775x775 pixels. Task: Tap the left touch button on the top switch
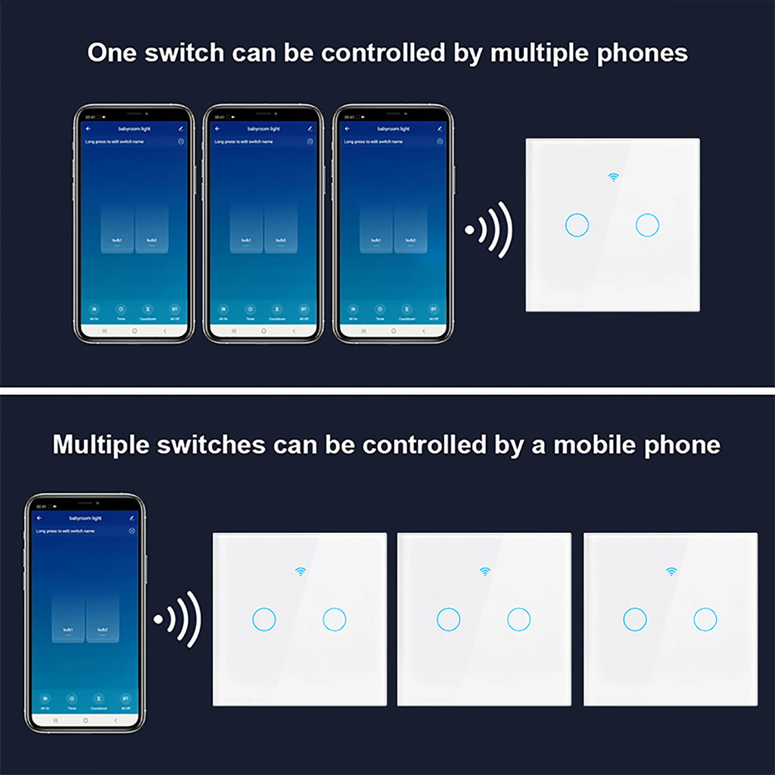[x=577, y=224]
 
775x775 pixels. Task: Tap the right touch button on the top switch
[x=647, y=224]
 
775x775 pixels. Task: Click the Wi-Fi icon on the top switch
[x=612, y=177]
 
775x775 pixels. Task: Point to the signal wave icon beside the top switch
[x=489, y=229]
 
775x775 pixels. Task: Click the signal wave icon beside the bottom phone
[x=176, y=618]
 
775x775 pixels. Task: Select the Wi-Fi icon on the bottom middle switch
[x=484, y=571]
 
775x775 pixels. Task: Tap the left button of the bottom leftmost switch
[x=263, y=619]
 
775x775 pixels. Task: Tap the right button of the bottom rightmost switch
[x=705, y=619]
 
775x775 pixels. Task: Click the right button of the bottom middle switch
[x=519, y=619]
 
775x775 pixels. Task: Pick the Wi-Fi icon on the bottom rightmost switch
[x=670, y=571]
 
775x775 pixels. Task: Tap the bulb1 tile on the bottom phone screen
[x=68, y=617]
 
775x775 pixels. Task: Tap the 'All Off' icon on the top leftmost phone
[x=174, y=310]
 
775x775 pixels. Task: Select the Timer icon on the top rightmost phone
[x=380, y=310]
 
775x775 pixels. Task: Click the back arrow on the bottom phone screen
[x=39, y=518]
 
